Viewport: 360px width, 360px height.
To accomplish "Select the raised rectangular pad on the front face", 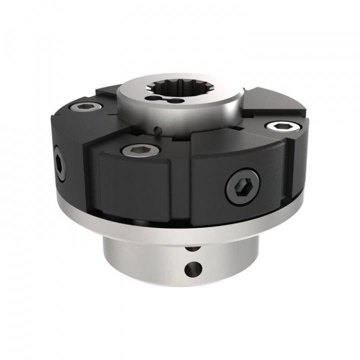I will coord(135,185).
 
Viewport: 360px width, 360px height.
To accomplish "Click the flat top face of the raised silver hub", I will coord(210,100).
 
